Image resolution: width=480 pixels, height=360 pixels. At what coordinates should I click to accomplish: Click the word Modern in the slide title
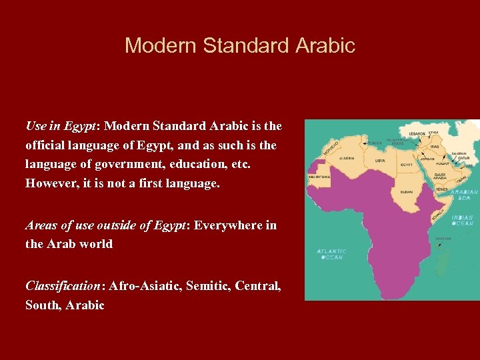coord(160,45)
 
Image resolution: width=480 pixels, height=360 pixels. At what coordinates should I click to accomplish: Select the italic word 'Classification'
coord(62,286)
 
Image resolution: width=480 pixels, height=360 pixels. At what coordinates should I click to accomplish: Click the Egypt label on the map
coord(406,164)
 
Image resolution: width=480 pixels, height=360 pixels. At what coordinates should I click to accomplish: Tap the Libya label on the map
coord(380,160)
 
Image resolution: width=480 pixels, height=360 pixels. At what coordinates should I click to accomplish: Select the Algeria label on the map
coord(347,159)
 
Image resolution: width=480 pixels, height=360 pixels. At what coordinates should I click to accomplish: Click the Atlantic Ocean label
coord(331,254)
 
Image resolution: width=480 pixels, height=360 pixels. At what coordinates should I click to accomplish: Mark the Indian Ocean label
coord(461,220)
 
